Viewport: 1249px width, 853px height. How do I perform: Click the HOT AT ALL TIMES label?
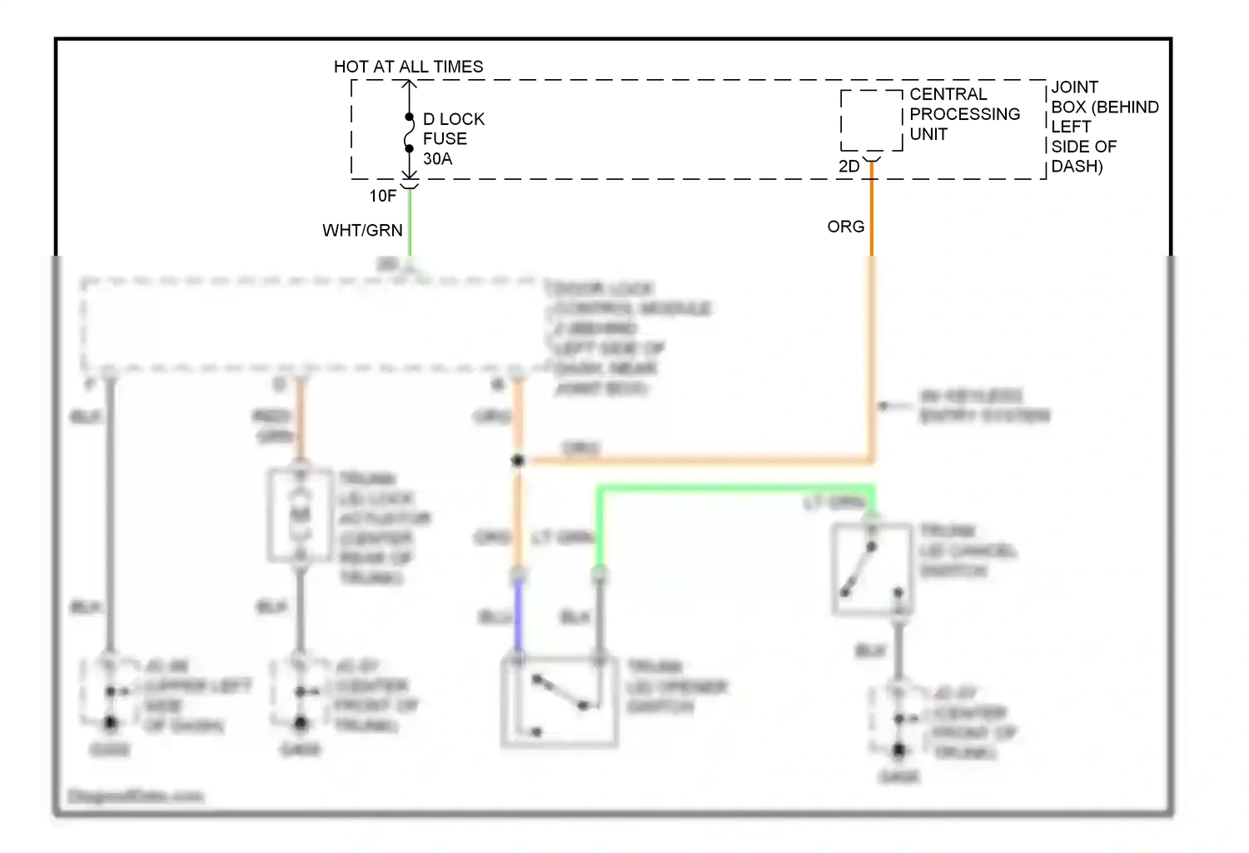[x=408, y=67]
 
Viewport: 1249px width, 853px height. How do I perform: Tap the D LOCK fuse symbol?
[x=409, y=133]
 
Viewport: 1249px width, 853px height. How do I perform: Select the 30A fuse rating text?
[x=437, y=159]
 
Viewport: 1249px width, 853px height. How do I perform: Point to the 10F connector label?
[x=383, y=196]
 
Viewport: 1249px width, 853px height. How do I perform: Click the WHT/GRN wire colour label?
[x=362, y=231]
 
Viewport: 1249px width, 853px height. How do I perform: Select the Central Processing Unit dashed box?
[x=871, y=121]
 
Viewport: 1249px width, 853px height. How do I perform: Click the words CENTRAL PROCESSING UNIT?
[x=963, y=114]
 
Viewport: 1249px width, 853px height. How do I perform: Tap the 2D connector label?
[x=848, y=167]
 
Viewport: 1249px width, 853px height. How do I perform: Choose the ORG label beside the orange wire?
[x=845, y=227]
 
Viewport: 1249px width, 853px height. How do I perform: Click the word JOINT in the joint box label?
[x=1074, y=87]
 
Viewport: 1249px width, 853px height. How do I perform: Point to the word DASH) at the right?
[x=1077, y=167]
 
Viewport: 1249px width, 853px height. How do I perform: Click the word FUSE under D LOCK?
[x=445, y=139]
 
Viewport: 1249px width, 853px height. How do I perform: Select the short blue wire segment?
[x=518, y=615]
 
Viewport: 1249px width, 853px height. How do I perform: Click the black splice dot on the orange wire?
[x=518, y=460]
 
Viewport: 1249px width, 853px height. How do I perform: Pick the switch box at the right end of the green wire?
[x=872, y=570]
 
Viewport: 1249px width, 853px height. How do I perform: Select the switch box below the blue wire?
[x=559, y=701]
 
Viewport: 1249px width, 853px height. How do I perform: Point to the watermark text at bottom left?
[x=135, y=796]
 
